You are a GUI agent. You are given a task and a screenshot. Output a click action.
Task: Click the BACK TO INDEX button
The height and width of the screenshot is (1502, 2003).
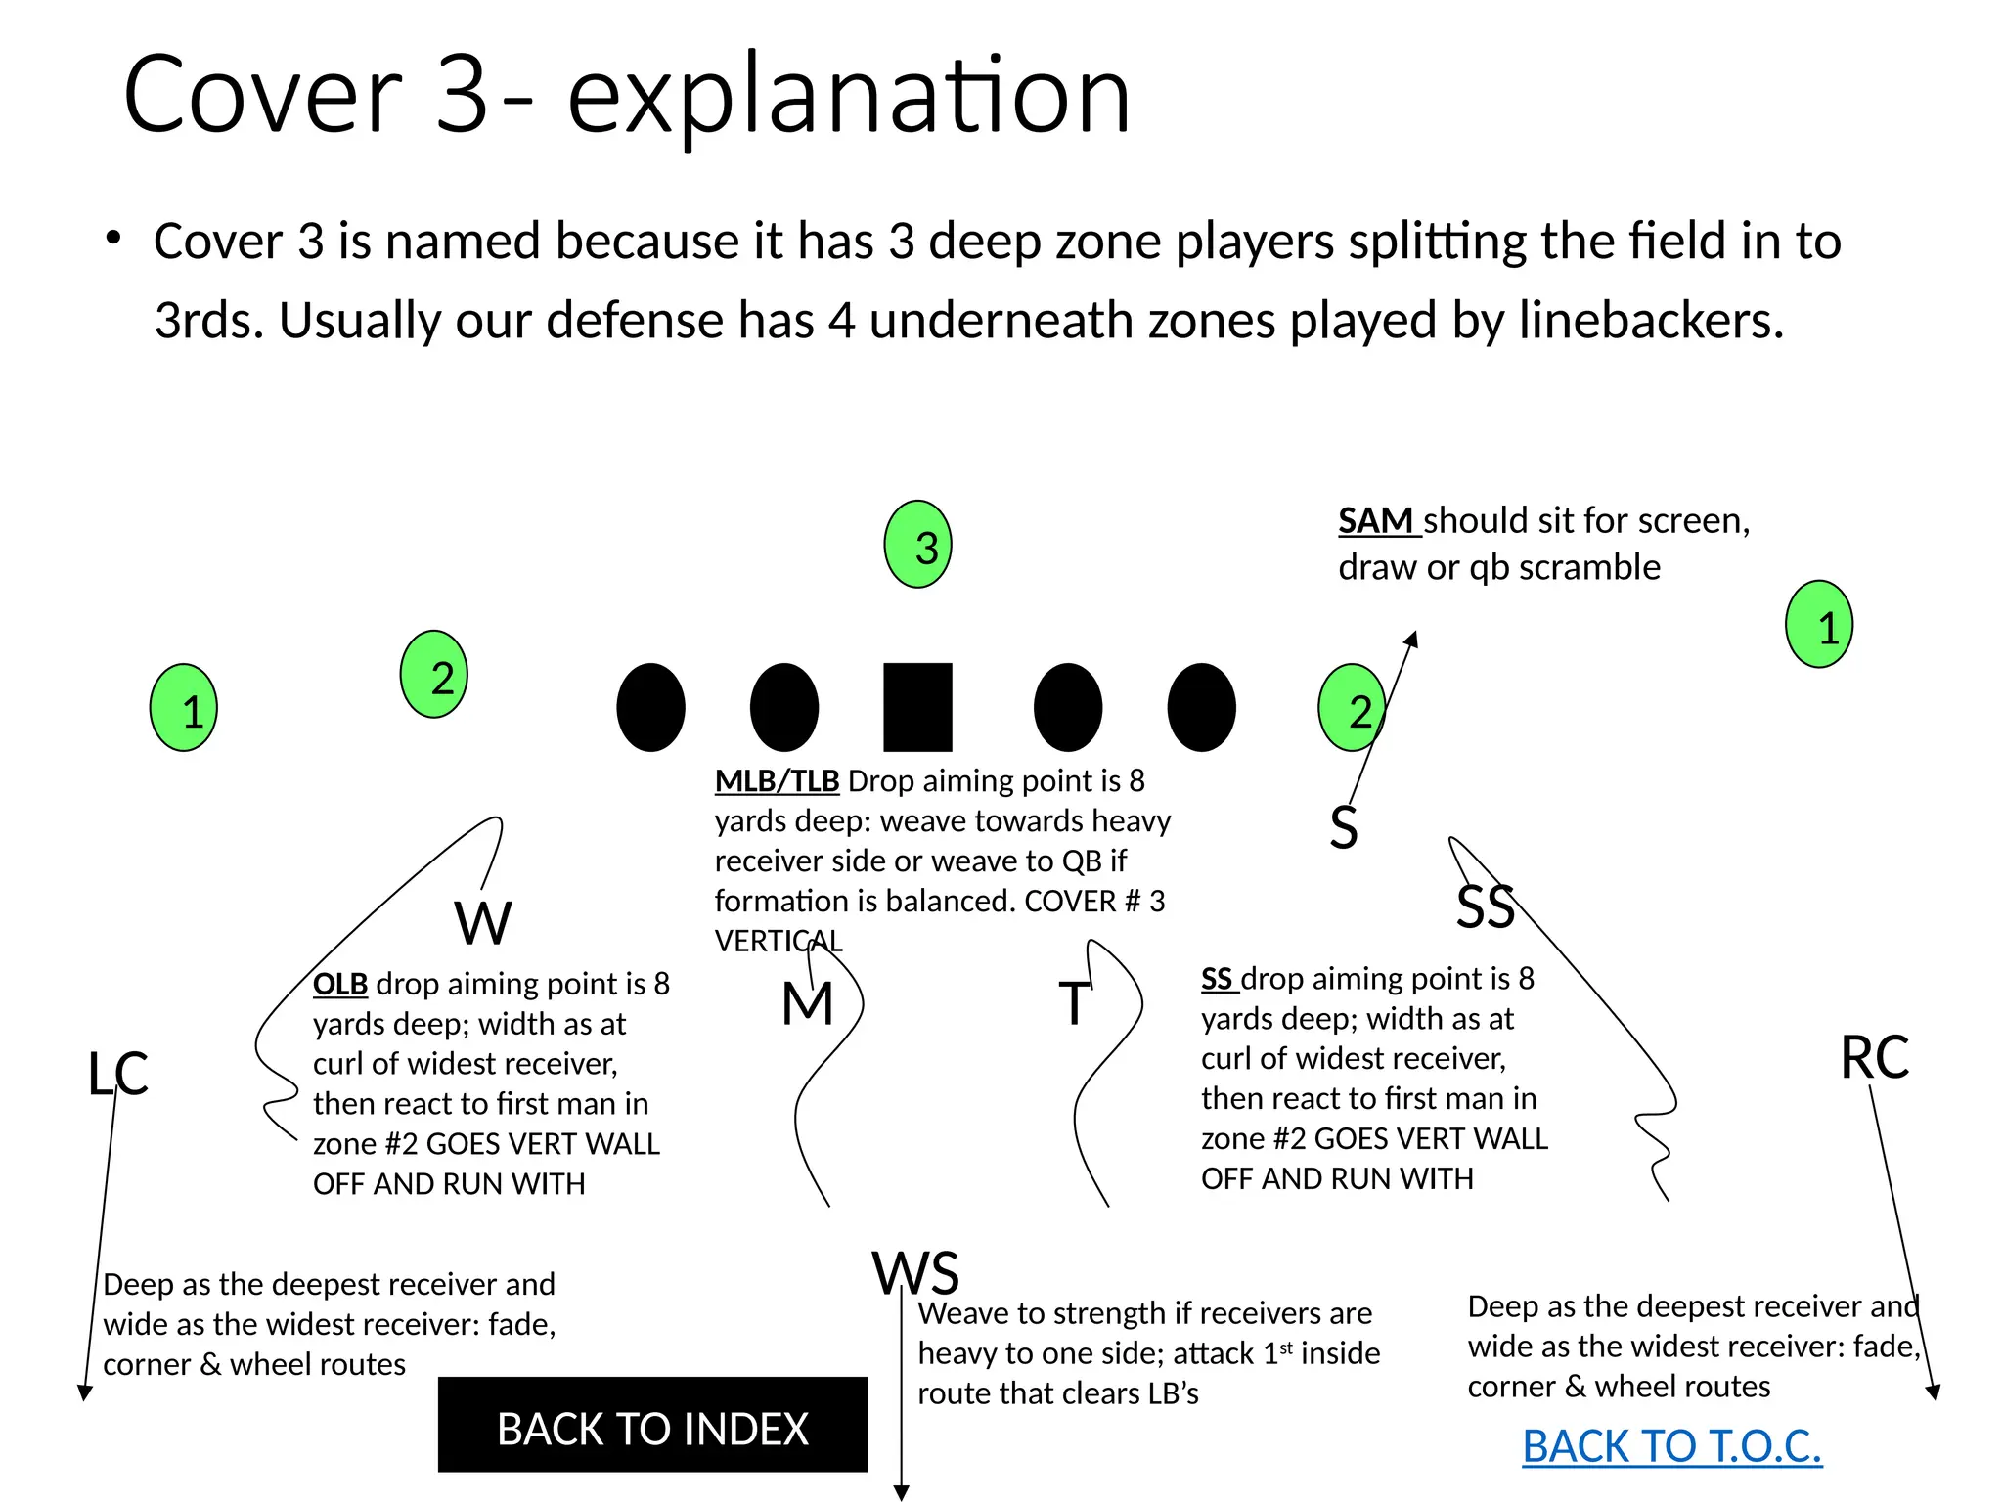pyautogui.click(x=652, y=1427)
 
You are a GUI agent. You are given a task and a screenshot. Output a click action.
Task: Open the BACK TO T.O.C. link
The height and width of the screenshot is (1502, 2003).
pyautogui.click(x=1671, y=1446)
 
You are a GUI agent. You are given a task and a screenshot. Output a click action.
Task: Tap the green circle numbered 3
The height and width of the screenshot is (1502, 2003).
pyautogui.click(x=917, y=545)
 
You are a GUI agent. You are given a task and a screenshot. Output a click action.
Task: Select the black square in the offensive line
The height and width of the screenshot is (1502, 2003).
pyautogui.click(x=917, y=707)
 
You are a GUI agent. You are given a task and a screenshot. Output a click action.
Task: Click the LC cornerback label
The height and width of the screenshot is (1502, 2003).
pyautogui.click(x=117, y=1073)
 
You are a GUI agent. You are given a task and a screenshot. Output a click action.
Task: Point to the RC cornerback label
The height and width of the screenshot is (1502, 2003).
pyautogui.click(x=1874, y=1057)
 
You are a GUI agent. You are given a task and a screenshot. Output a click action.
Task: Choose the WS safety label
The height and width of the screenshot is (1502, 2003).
pyautogui.click(x=915, y=1272)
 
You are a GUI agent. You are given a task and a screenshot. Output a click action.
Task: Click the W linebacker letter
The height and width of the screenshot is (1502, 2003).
pyautogui.click(x=483, y=922)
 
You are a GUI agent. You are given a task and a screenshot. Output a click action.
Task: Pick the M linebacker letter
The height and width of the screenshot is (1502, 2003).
pyautogui.click(x=808, y=1003)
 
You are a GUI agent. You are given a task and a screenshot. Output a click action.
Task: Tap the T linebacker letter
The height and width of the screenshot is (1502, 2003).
pyautogui.click(x=1074, y=1003)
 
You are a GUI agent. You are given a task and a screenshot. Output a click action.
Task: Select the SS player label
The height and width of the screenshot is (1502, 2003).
pyautogui.click(x=1485, y=906)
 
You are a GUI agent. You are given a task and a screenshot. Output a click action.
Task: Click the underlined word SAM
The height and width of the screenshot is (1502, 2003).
pyautogui.click(x=1376, y=521)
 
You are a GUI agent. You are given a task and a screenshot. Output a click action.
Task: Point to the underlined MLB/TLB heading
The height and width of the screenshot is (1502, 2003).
pyautogui.click(x=777, y=781)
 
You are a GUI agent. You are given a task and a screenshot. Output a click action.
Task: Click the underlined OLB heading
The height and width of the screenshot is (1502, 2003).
pyautogui.click(x=339, y=984)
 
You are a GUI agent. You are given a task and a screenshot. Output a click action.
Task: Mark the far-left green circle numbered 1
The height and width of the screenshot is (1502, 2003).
pyautogui.click(x=184, y=708)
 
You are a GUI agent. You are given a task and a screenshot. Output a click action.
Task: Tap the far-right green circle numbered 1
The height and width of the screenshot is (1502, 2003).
pyautogui.click(x=1819, y=625)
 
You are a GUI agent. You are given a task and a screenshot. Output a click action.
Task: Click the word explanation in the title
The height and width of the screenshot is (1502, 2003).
pyautogui.click(x=848, y=96)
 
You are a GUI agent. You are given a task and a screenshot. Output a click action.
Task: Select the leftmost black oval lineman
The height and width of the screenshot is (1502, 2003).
pyautogui.click(x=650, y=707)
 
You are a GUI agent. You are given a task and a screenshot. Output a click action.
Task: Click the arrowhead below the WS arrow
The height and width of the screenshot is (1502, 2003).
pyautogui.click(x=902, y=1493)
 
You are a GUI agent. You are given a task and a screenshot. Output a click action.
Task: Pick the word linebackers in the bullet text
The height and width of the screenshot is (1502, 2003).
pyautogui.click(x=1651, y=320)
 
